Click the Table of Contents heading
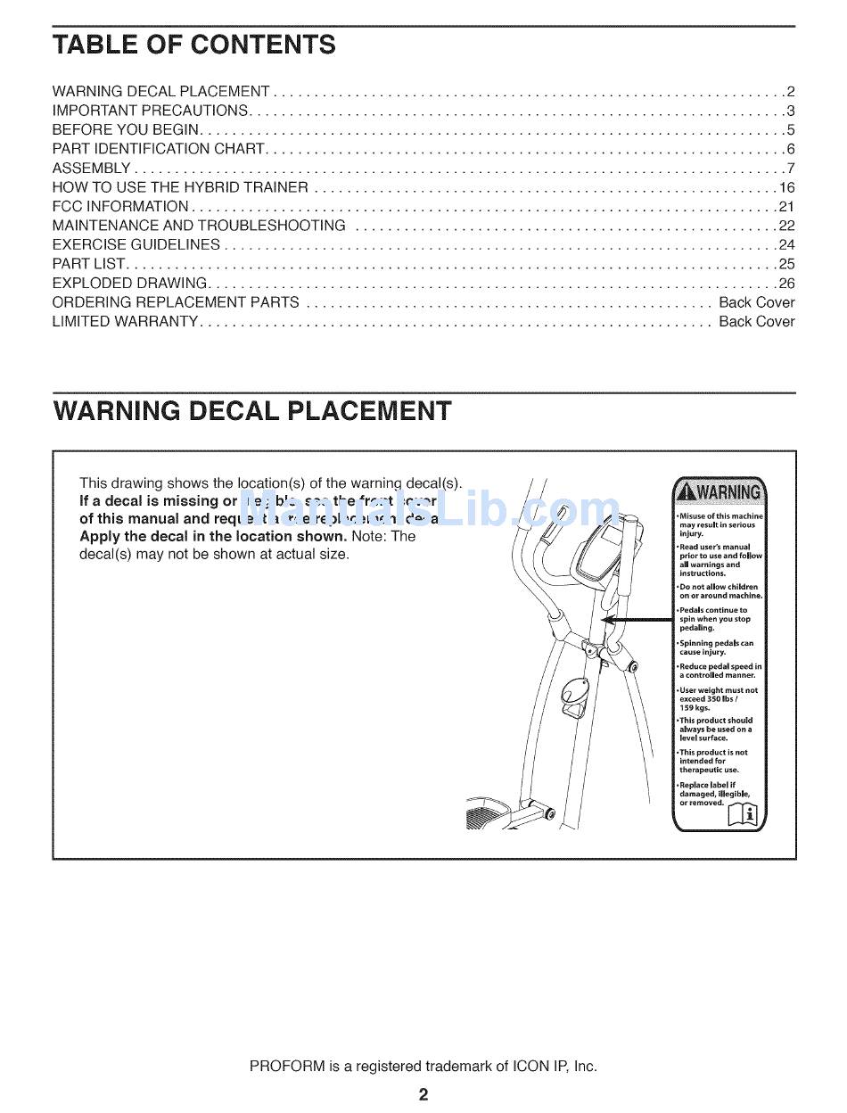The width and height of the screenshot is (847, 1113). click(x=193, y=45)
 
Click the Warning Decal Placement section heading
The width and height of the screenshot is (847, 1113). click(x=252, y=411)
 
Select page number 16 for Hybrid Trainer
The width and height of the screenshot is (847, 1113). click(x=786, y=187)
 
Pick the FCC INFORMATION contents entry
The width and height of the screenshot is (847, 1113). click(x=120, y=207)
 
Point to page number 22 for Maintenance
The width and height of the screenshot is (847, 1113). click(x=786, y=226)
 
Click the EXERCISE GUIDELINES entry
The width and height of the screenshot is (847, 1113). click(x=136, y=244)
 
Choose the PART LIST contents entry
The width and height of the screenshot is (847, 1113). click(x=90, y=264)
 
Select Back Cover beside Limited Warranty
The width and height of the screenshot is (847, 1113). click(x=756, y=321)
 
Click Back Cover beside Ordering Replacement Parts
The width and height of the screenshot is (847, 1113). click(x=756, y=302)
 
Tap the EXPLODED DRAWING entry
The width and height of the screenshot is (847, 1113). click(x=130, y=284)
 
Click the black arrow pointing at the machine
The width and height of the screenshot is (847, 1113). click(x=637, y=619)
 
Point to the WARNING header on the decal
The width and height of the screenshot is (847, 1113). click(x=719, y=492)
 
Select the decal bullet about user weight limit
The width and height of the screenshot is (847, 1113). click(x=718, y=698)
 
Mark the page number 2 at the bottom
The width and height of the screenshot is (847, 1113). click(x=423, y=1094)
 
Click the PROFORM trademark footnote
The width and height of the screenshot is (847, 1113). click(x=423, y=1066)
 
